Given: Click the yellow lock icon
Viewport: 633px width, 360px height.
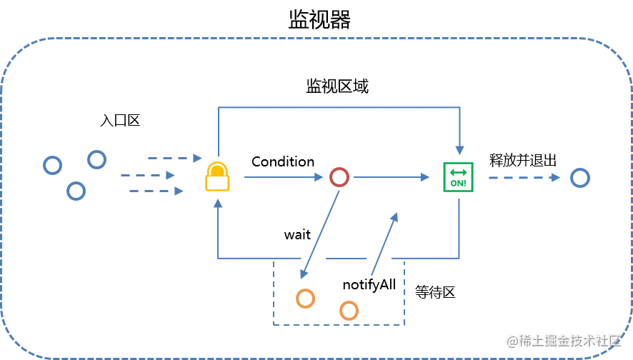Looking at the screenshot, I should point(217,178).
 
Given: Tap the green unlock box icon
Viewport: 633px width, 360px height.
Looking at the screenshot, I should point(457,177).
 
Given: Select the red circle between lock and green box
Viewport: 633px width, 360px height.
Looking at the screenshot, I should point(338,177).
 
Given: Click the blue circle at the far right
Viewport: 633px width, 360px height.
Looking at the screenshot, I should point(580,177).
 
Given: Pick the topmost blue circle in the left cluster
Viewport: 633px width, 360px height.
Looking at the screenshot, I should point(97,159).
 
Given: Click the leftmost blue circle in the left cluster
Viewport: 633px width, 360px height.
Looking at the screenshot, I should point(51,166).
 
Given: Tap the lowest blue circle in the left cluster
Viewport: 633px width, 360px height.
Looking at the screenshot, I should point(75,191).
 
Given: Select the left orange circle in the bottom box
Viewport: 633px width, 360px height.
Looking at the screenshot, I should point(305,298).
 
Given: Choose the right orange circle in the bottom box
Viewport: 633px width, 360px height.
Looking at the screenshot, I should point(349,311).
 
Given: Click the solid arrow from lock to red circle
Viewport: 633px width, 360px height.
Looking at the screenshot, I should point(282,177).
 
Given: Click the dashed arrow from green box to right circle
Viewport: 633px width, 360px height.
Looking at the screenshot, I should point(522,177).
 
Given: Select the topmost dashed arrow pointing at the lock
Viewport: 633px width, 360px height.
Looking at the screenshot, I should point(171,157).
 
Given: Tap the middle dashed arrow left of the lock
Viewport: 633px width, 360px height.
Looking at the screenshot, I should point(148,174).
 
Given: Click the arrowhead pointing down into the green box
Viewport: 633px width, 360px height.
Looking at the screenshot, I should point(459,149).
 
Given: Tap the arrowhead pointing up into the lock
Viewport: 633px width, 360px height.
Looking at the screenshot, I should point(218,205).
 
